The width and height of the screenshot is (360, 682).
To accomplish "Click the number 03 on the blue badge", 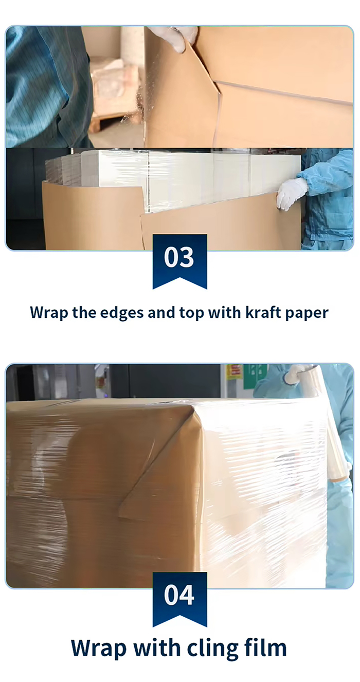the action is pos(179,257).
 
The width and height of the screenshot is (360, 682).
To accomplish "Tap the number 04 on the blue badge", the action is pos(179,595).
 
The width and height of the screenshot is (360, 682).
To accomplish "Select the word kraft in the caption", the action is pos(262,312).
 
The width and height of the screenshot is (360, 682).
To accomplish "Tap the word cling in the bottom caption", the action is pos(212,649).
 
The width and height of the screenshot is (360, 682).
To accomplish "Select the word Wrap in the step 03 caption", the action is pos(49,313).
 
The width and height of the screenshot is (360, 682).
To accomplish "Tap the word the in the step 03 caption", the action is pos(84,312).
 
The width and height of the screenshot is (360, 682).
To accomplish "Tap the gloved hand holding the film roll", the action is pos(297,374).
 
